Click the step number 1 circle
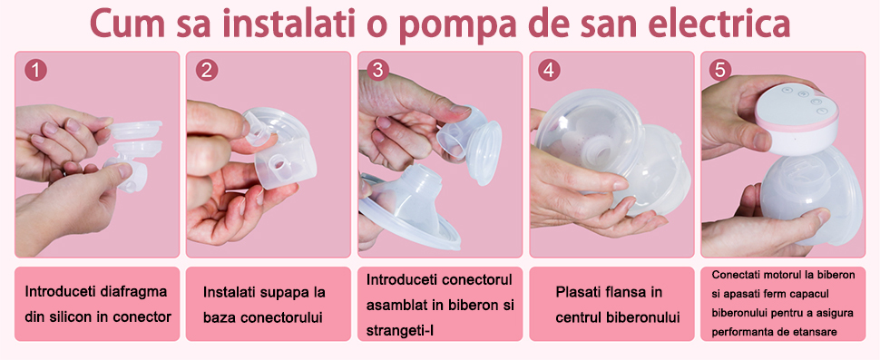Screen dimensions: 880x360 [35, 71]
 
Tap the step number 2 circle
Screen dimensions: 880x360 [207, 71]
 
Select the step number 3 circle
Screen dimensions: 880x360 [377, 71]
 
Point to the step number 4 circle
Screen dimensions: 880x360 [550, 71]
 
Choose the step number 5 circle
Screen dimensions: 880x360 [720, 71]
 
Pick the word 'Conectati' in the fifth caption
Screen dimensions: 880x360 [734, 276]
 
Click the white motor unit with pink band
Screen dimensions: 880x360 [797, 117]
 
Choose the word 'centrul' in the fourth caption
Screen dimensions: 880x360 [578, 317]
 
